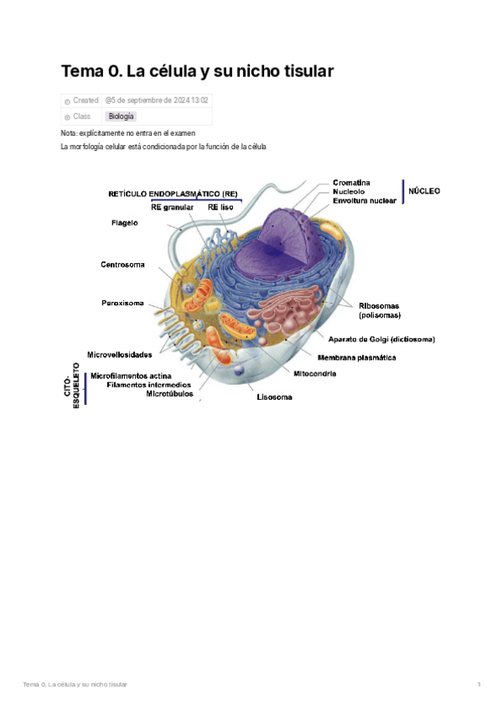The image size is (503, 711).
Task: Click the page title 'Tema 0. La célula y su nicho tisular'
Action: point(197,71)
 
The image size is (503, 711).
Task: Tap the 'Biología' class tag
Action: point(121,117)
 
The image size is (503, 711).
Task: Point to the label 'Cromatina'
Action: point(351,183)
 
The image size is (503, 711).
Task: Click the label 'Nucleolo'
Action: point(349,192)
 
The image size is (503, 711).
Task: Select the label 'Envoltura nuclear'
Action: point(364,201)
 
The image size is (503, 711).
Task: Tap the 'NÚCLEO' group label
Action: point(424,191)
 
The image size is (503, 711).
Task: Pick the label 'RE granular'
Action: point(173,207)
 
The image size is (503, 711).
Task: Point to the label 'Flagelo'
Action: point(125,223)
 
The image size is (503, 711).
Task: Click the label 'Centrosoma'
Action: point(122,265)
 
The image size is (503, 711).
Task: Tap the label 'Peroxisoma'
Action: point(122,303)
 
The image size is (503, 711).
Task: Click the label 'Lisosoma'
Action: point(274,397)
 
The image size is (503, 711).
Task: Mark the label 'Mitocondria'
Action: point(314,373)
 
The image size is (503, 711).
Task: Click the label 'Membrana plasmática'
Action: point(357,357)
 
